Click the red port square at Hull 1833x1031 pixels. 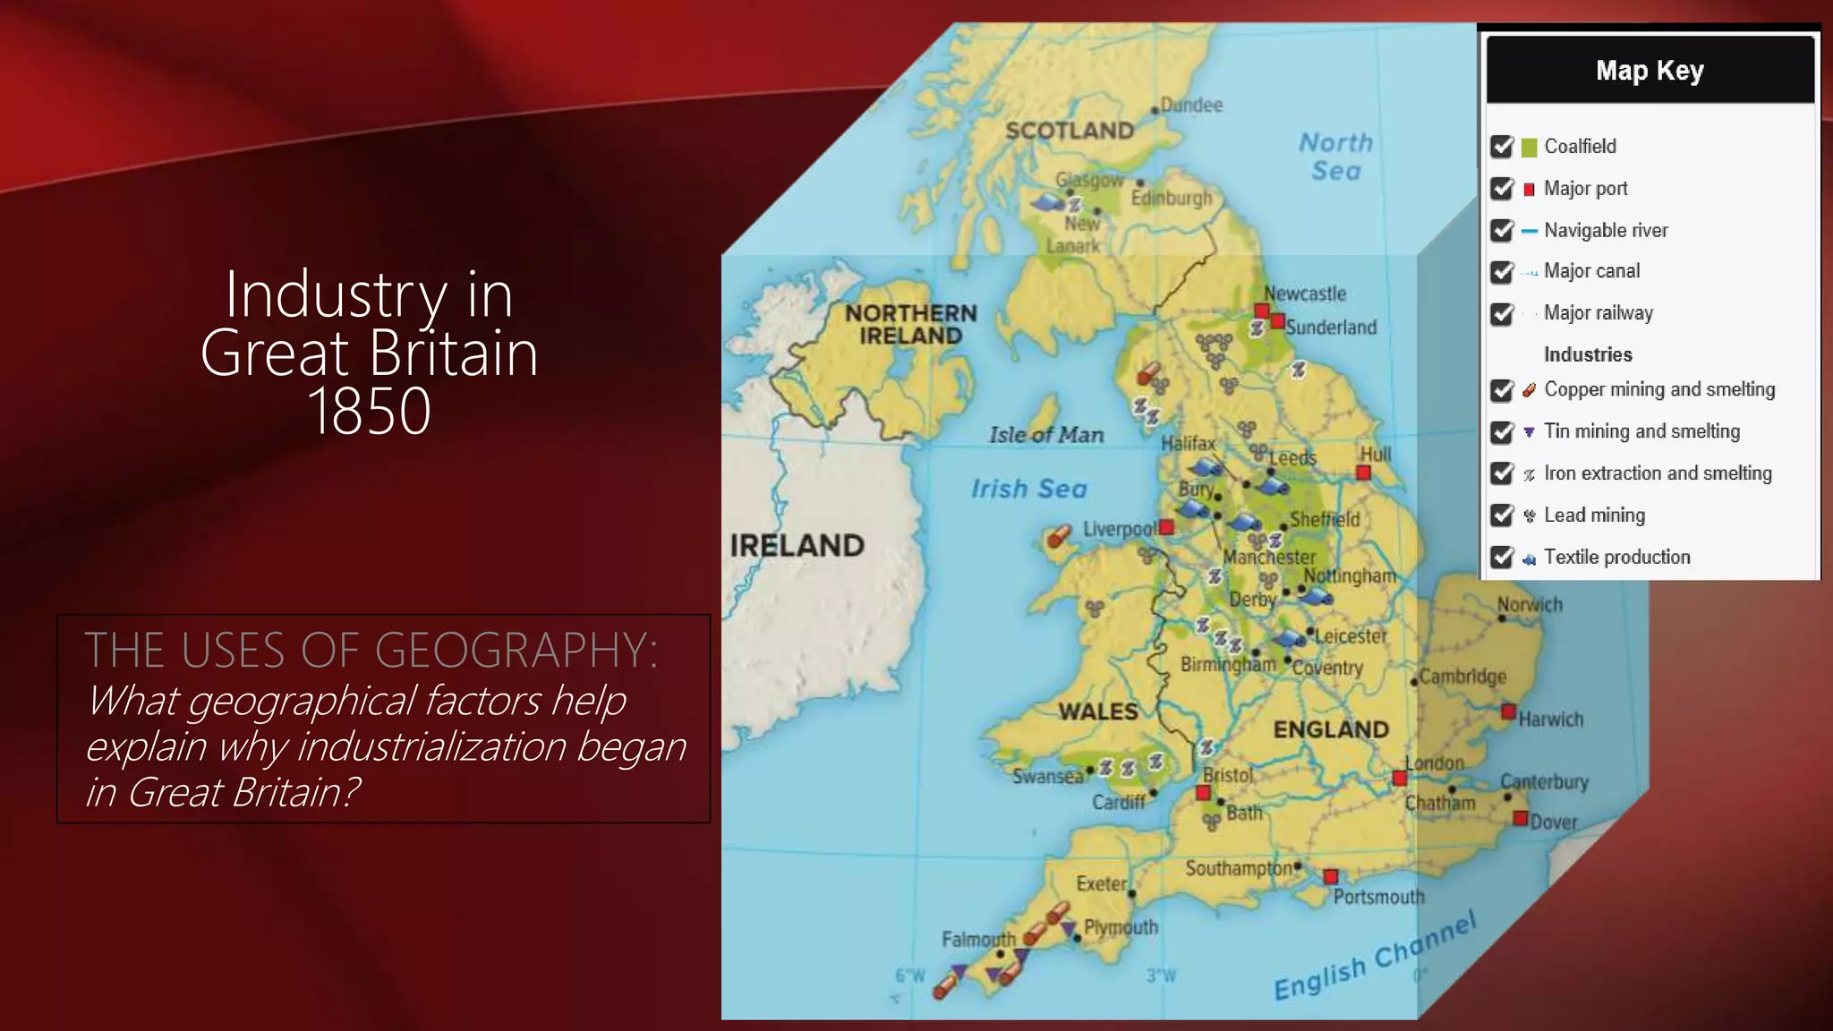pyautogui.click(x=1363, y=473)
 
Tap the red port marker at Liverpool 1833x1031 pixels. pyautogui.click(x=1166, y=528)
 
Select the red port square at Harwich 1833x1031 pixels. pyautogui.click(x=1508, y=712)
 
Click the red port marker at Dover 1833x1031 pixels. pyautogui.click(x=1520, y=818)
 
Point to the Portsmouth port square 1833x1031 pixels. pyautogui.click(x=1331, y=876)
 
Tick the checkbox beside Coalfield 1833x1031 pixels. pyautogui.click(x=1502, y=147)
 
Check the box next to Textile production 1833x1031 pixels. pyautogui.click(x=1502, y=558)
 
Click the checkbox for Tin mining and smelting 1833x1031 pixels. pyautogui.click(x=1502, y=432)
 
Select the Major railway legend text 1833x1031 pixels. pyautogui.click(x=1598, y=313)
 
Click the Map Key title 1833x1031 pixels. pyautogui.click(x=1650, y=71)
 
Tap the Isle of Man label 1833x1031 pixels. pyautogui.click(x=1046, y=435)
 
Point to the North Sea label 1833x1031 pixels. pyautogui.click(x=1335, y=157)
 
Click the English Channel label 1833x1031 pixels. pyautogui.click(x=1374, y=958)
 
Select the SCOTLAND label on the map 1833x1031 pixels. pyautogui.click(x=1070, y=131)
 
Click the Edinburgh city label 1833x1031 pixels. pyautogui.click(x=1171, y=198)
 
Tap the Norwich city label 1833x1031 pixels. pyautogui.click(x=1530, y=605)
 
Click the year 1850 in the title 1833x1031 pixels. pyautogui.click(x=369, y=412)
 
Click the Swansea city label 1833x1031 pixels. pyautogui.click(x=1047, y=776)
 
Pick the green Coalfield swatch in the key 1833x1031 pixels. pyautogui.click(x=1529, y=147)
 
